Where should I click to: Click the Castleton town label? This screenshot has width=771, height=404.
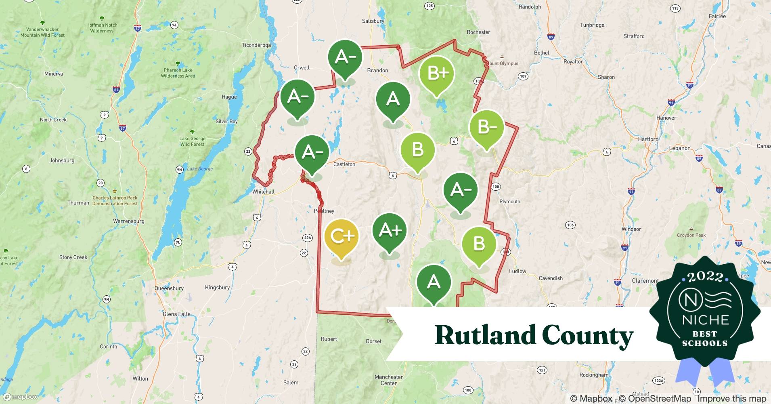[344, 164]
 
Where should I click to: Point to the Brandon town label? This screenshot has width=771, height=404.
[377, 70]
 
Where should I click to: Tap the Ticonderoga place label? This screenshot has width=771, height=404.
[256, 45]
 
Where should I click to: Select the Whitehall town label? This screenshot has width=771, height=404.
[263, 191]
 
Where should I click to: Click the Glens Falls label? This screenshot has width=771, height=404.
[176, 314]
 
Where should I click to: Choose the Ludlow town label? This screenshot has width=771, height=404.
[517, 271]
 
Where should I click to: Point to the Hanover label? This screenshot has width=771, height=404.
[666, 118]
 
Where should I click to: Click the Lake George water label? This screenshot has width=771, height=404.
[200, 169]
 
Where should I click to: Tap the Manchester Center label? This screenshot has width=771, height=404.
[389, 380]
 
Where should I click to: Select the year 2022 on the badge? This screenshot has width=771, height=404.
[705, 277]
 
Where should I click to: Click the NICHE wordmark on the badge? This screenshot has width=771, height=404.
[705, 320]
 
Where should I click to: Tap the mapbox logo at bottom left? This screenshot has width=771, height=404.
[20, 397]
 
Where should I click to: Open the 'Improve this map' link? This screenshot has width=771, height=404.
[731, 399]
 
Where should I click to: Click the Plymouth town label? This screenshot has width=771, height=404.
[510, 202]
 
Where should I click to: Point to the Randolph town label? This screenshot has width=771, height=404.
[530, 7]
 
